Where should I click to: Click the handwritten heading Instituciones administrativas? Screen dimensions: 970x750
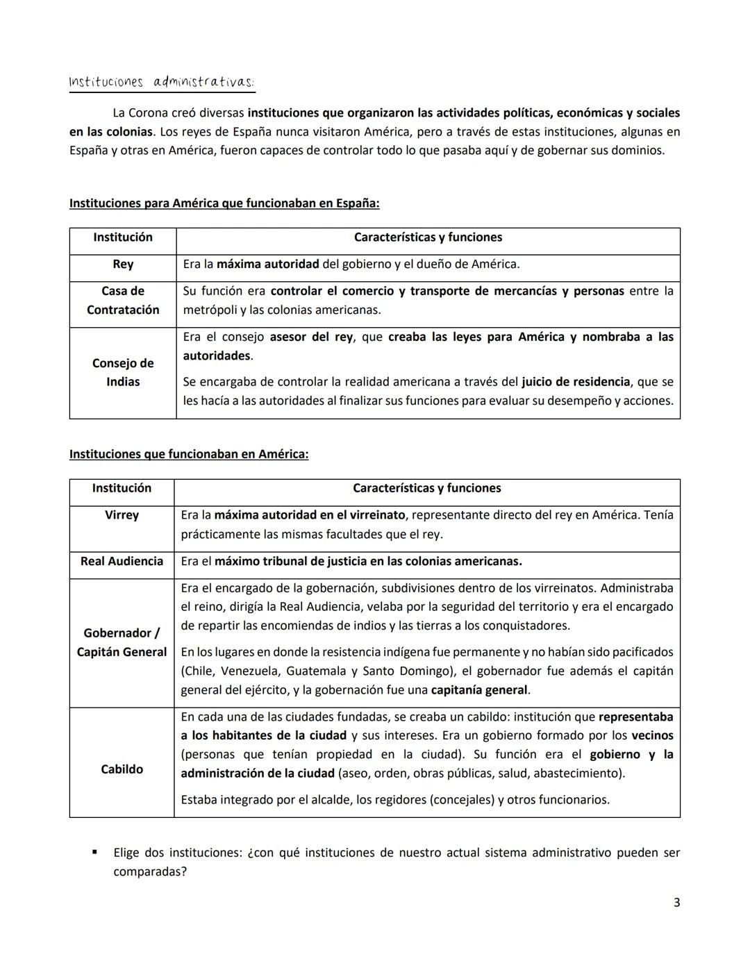[x=161, y=82]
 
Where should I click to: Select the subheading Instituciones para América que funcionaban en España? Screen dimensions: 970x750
[x=224, y=203]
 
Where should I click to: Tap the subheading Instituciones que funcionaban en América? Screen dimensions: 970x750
[x=189, y=454]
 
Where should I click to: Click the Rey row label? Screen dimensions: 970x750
[x=123, y=265]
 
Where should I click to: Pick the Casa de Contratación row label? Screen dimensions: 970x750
[x=123, y=301]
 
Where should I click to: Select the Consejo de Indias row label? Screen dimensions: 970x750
[x=123, y=372]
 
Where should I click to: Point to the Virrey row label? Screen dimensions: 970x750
[x=122, y=515]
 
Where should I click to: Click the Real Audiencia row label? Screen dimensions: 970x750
[x=122, y=561]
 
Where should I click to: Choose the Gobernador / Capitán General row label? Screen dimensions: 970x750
[x=122, y=642]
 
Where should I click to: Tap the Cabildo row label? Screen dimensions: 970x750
[x=122, y=769]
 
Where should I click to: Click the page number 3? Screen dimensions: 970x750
[x=676, y=903]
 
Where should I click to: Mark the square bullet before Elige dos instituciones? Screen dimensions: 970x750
[x=94, y=852]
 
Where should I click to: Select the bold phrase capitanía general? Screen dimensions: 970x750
[x=479, y=690]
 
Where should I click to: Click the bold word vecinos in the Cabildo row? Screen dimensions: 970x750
[x=652, y=735]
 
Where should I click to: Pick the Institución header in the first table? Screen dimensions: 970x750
[x=123, y=237]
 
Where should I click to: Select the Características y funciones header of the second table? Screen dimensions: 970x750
[x=426, y=488]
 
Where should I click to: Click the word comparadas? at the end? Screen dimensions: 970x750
[x=150, y=871]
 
